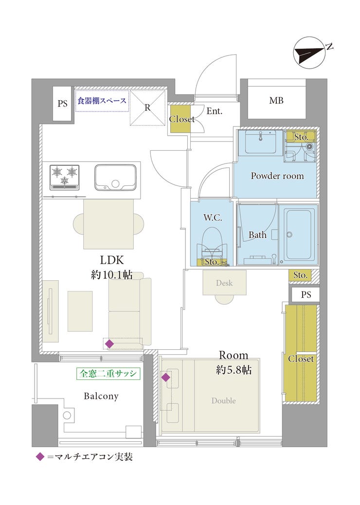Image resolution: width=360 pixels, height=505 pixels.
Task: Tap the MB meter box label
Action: click(276, 101)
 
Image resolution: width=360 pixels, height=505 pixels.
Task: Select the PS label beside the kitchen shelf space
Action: click(62, 103)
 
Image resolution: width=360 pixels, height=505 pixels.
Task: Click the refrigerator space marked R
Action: click(147, 108)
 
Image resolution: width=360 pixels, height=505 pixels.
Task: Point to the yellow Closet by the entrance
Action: click(180, 119)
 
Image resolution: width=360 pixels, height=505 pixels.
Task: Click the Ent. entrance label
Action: click(215, 111)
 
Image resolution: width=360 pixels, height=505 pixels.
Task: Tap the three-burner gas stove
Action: click(64, 177)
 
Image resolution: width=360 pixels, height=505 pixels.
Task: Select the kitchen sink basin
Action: click(115, 178)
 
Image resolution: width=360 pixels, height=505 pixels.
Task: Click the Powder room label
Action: click(277, 176)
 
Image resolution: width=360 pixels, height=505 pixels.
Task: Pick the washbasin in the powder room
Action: click(260, 142)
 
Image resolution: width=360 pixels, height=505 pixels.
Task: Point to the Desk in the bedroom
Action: click(224, 283)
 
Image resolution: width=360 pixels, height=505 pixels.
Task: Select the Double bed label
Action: click(223, 401)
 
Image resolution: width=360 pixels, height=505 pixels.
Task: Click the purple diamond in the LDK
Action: click(109, 344)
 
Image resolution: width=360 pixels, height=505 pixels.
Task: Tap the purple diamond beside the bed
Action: click(166, 377)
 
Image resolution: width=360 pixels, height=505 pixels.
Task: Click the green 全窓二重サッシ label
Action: click(108, 374)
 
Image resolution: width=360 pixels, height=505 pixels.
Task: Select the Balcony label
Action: click(101, 396)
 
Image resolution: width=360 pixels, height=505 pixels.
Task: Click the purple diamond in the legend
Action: click(40, 457)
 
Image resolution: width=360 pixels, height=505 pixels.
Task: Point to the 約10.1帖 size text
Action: click(112, 275)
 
